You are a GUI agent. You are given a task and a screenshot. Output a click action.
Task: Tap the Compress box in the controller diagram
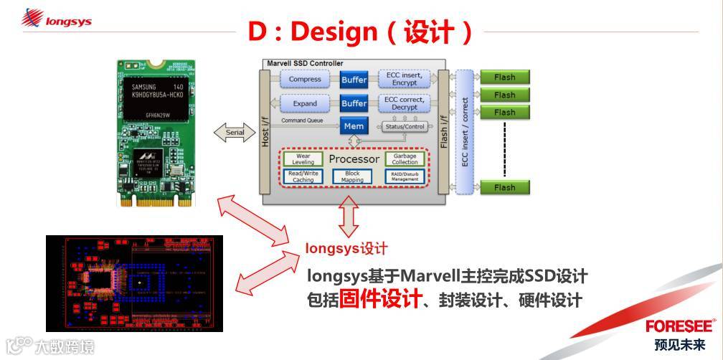[304, 80]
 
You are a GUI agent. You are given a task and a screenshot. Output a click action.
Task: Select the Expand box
[304, 104]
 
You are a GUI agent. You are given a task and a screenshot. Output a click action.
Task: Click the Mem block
[354, 126]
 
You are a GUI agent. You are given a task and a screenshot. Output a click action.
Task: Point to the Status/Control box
[405, 127]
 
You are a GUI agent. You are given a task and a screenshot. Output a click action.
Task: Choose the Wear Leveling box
[303, 158]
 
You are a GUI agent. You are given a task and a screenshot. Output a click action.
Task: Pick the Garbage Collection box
[405, 158]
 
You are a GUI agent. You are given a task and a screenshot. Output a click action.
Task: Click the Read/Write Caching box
[303, 176]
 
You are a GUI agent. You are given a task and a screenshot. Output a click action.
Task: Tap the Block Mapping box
[352, 176]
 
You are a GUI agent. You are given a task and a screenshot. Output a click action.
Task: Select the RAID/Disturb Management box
[405, 176]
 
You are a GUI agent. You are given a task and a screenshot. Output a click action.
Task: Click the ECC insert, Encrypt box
[405, 79]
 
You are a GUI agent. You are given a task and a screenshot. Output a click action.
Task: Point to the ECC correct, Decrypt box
[405, 103]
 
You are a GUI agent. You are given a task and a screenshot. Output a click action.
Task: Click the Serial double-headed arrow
[235, 132]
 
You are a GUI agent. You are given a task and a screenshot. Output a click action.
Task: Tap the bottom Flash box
[504, 187]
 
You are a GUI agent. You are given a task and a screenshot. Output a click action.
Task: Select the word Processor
[354, 158]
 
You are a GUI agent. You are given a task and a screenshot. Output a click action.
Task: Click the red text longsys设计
[346, 249]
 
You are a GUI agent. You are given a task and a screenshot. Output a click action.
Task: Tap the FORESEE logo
[679, 326]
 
